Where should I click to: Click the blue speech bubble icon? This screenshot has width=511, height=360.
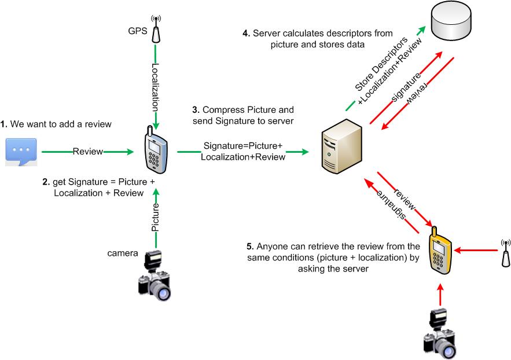21,152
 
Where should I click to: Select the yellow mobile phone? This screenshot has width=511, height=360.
441,252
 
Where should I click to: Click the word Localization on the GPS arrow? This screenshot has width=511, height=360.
155,87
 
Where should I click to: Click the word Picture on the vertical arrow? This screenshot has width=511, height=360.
155,218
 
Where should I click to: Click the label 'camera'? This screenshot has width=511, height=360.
123,253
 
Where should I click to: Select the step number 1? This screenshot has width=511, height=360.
3,124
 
